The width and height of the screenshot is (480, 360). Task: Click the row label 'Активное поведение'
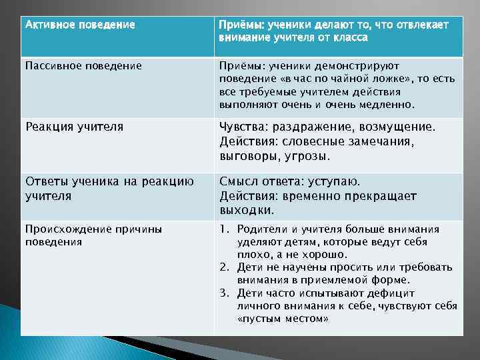(80, 25)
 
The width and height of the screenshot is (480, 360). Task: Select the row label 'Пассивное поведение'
(83, 65)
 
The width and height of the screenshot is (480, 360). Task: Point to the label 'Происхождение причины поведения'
(93, 235)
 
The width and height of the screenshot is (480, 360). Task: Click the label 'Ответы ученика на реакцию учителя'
(109, 188)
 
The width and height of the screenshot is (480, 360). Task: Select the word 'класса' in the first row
(349, 38)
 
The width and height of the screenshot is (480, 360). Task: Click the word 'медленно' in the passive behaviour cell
(387, 104)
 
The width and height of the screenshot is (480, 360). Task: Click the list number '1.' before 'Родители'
(225, 229)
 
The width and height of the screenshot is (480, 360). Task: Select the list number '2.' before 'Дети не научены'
(225, 267)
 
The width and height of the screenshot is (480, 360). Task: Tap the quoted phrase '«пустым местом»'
(283, 319)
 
